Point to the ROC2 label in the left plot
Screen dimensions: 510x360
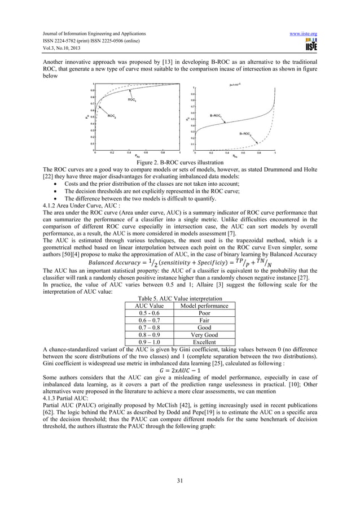[112, 116]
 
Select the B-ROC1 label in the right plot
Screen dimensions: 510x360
[217, 115]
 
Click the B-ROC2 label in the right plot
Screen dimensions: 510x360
[245, 133]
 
